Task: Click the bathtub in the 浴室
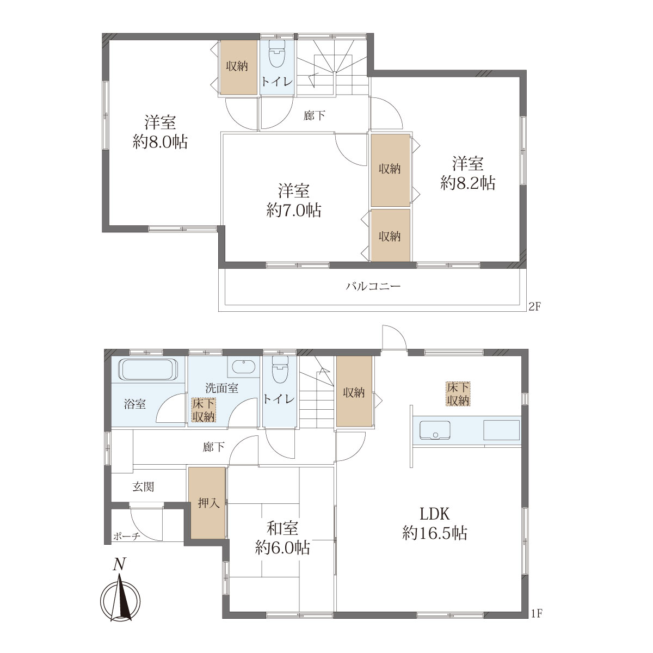[x=148, y=369]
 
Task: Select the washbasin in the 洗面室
[x=243, y=366]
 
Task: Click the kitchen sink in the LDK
[x=435, y=430]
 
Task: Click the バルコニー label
[x=373, y=286]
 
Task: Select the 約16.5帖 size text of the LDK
[x=435, y=533]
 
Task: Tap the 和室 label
[x=282, y=528]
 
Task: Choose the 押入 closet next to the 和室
[x=207, y=503]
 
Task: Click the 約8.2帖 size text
[x=467, y=183]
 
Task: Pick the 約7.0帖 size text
[x=293, y=211]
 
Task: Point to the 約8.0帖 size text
[x=160, y=142]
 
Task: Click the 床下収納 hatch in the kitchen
[x=458, y=394]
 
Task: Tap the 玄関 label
[x=143, y=487]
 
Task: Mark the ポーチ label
[x=126, y=537]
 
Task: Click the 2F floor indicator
[x=535, y=307]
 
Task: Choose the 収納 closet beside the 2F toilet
[x=237, y=67]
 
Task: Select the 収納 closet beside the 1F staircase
[x=354, y=392]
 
